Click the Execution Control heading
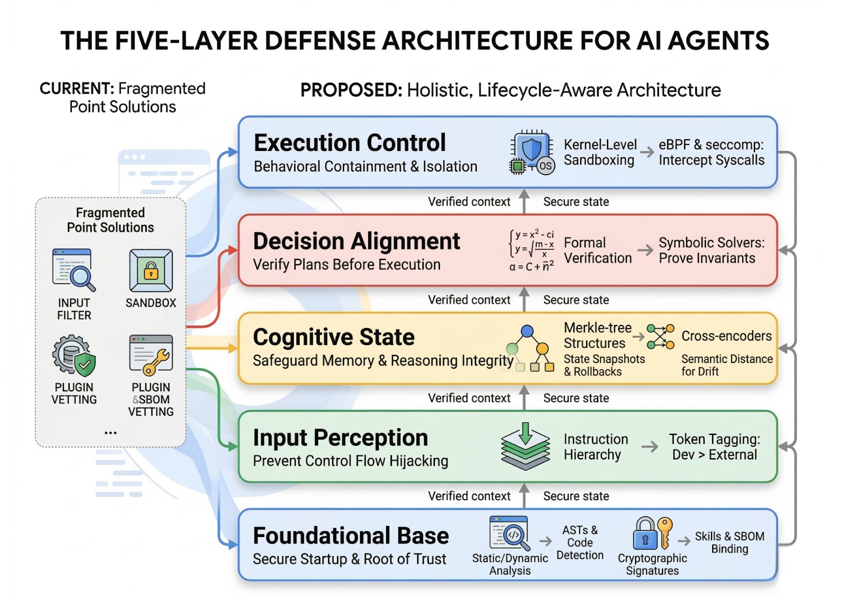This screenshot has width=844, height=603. [350, 143]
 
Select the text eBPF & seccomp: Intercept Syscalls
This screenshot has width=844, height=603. [711, 152]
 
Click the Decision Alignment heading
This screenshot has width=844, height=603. [357, 241]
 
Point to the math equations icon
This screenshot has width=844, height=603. [532, 250]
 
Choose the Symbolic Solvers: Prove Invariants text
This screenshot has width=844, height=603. [711, 250]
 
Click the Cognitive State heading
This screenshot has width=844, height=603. [333, 337]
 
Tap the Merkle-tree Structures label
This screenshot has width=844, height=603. [597, 336]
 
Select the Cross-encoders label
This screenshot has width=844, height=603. [726, 336]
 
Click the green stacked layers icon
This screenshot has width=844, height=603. [525, 446]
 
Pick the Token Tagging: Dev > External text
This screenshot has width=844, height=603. [714, 447]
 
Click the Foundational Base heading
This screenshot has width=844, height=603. [351, 535]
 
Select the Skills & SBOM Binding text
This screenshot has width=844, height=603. [730, 542]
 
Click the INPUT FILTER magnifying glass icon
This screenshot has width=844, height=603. [74, 270]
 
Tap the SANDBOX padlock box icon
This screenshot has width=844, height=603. [151, 271]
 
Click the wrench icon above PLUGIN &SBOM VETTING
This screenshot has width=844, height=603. [151, 355]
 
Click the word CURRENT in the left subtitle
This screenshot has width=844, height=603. [76, 89]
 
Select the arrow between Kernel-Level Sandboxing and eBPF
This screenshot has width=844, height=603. [647, 152]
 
